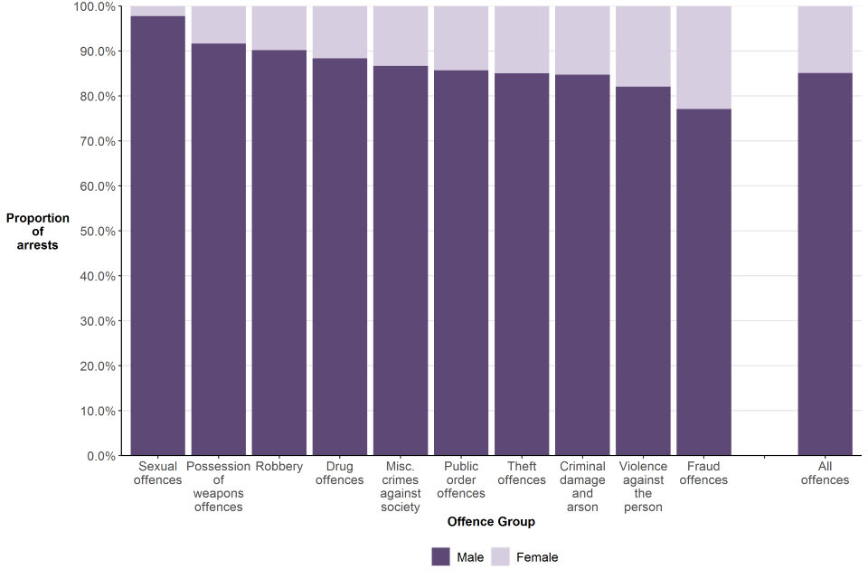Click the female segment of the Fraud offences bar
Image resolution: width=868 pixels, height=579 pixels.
pyautogui.click(x=703, y=57)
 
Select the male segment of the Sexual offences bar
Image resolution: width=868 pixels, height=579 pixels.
pyautogui.click(x=157, y=235)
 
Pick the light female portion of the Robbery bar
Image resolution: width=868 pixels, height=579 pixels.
pyautogui.click(x=279, y=28)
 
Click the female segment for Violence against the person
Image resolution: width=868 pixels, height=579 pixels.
pyautogui.click(x=643, y=46)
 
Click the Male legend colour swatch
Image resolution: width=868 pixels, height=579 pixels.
pyautogui.click(x=440, y=557)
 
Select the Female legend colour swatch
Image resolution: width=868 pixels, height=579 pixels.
pyautogui.click(x=500, y=557)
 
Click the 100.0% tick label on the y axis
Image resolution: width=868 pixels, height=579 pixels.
pyautogui.click(x=91, y=7)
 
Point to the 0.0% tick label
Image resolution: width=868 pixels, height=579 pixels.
pyautogui.click(x=99, y=456)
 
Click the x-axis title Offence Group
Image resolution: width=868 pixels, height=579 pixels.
pyautogui.click(x=491, y=522)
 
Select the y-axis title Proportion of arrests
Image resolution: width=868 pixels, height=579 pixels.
pyautogui.click(x=37, y=232)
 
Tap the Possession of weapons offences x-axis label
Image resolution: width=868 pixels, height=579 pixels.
pyautogui.click(x=219, y=487)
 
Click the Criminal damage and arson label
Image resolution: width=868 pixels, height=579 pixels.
pyautogui.click(x=582, y=487)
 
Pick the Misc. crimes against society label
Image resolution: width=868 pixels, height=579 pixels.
pyautogui.click(x=401, y=487)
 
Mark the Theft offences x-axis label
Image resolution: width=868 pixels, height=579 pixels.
pyautogui.click(x=522, y=473)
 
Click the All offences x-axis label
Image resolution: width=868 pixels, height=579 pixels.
pyautogui.click(x=825, y=473)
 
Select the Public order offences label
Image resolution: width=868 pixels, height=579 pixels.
pyautogui.click(x=461, y=480)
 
